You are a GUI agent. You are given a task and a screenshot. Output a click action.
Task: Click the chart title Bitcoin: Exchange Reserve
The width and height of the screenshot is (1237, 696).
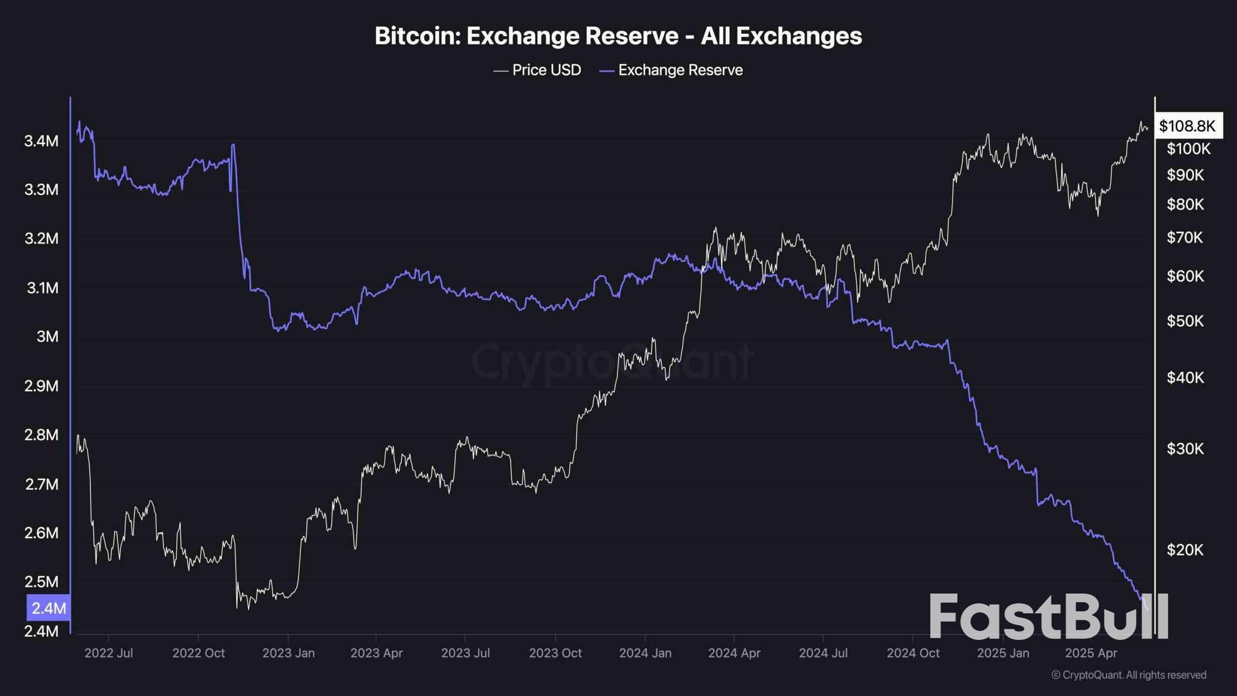pyautogui.click(x=618, y=36)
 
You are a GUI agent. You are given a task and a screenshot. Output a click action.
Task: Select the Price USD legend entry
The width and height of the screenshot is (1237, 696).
pyautogui.click(x=537, y=70)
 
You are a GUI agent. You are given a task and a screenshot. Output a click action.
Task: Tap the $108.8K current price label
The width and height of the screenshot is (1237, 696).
pyautogui.click(x=1187, y=126)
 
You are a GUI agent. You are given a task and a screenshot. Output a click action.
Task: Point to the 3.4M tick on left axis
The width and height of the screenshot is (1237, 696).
pyautogui.click(x=41, y=141)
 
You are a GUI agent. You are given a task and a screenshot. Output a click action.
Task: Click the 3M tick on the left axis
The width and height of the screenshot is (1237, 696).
pyautogui.click(x=47, y=336)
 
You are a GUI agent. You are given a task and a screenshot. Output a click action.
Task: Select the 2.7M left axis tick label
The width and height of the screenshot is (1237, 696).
pyautogui.click(x=41, y=484)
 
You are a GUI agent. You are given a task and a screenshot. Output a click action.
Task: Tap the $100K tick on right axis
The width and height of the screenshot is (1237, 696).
pyautogui.click(x=1188, y=148)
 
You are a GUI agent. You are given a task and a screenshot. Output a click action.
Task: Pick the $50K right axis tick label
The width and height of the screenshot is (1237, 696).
pyautogui.click(x=1185, y=321)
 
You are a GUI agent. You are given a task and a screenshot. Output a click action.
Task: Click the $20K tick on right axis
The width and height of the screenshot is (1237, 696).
pyautogui.click(x=1185, y=550)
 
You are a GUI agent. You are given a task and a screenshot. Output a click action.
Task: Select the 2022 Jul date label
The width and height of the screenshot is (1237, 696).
pyautogui.click(x=108, y=653)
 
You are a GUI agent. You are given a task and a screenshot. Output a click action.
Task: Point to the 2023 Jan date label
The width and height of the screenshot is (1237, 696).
pyautogui.click(x=288, y=653)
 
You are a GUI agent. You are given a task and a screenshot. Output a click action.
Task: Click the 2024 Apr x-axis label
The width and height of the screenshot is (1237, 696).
pyautogui.click(x=734, y=653)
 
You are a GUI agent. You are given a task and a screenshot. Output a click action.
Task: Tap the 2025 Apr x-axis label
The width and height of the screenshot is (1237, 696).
pyautogui.click(x=1091, y=653)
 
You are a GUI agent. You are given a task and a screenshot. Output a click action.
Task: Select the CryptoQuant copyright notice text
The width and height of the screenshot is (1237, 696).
pyautogui.click(x=1129, y=675)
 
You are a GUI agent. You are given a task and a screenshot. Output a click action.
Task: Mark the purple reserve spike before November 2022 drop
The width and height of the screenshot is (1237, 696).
pyautogui.click(x=233, y=145)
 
